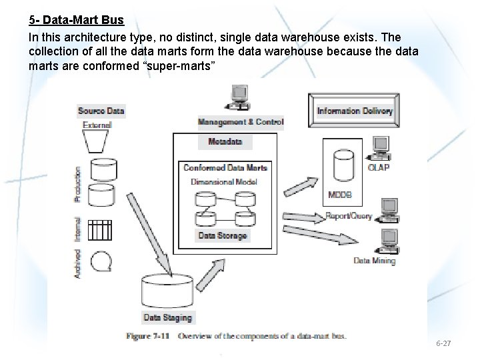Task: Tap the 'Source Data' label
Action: tap(101, 111)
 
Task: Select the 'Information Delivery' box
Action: tap(355, 111)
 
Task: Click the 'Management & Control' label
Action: tap(241, 122)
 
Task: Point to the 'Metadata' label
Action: tap(225, 142)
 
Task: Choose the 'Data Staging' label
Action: tap(168, 318)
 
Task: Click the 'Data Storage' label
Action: tap(223, 235)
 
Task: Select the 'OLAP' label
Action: tap(379, 167)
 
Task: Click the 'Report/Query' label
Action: tap(349, 216)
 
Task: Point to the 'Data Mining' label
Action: tap(374, 261)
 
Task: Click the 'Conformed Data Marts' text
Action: tap(225, 167)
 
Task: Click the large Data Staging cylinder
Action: tap(167, 291)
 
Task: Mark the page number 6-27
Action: tap(443, 343)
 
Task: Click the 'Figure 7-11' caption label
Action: tap(149, 336)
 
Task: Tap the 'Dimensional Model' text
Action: tap(224, 181)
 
